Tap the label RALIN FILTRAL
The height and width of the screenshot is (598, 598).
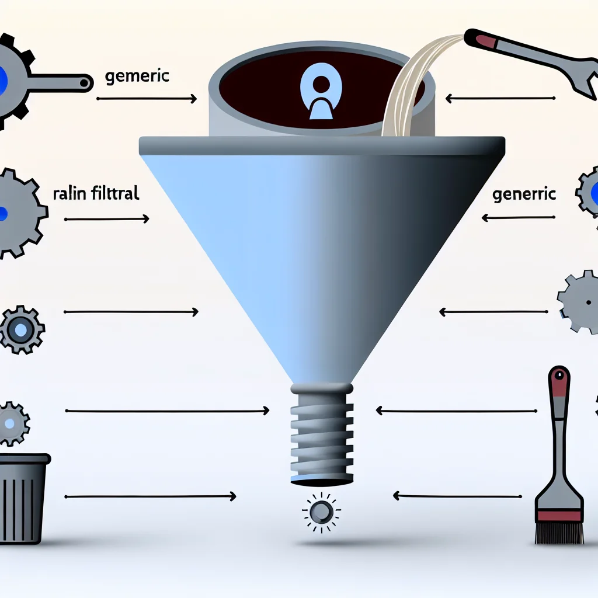(x=96, y=194)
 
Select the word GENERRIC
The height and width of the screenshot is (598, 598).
(x=524, y=195)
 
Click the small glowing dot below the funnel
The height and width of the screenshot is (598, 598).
(x=319, y=513)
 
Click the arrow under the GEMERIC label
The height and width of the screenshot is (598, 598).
(x=146, y=99)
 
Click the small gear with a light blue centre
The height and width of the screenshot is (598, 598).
(x=21, y=331)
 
